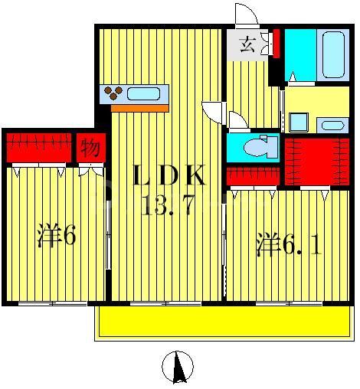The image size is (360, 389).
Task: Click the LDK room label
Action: coord(169,178)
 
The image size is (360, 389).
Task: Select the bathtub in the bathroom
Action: coord(336,54)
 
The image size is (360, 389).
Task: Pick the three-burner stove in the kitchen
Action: coord(113,94)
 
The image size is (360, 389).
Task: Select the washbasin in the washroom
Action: coord(332,125)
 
